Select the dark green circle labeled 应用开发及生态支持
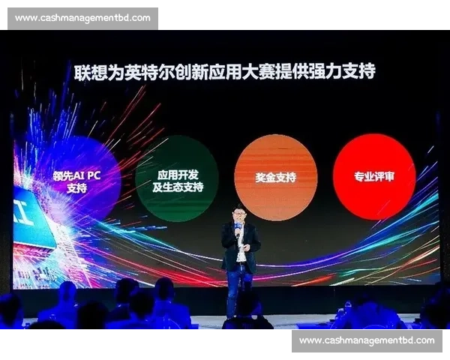(177, 178)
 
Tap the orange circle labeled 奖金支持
(275, 177)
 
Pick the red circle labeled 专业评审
(374, 177)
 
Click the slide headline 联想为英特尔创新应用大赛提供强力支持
(224, 72)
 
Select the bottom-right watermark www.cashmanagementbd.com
(367, 340)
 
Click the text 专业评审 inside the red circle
(374, 178)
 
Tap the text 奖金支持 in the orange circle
(275, 178)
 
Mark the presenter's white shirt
(241, 251)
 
